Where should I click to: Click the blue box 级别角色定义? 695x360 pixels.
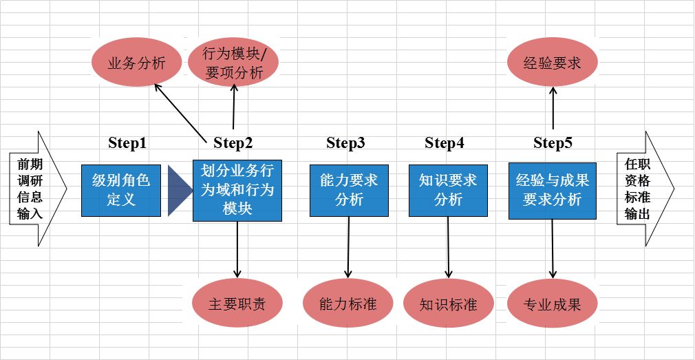120,190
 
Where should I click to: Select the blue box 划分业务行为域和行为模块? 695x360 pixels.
237,190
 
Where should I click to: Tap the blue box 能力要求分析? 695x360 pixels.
349,190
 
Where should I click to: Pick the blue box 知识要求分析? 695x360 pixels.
448,190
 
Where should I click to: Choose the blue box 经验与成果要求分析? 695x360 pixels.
552,190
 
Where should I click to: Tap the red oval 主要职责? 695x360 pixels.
237,304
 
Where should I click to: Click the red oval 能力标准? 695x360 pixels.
348,304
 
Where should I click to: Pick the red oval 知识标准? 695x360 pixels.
449,304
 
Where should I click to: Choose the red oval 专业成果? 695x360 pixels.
553,304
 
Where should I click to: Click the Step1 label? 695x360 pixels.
127,143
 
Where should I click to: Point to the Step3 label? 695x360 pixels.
345,143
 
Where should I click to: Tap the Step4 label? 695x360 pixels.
445,143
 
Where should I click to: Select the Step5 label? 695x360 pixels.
553,143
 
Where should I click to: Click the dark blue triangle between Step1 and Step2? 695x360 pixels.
178,191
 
